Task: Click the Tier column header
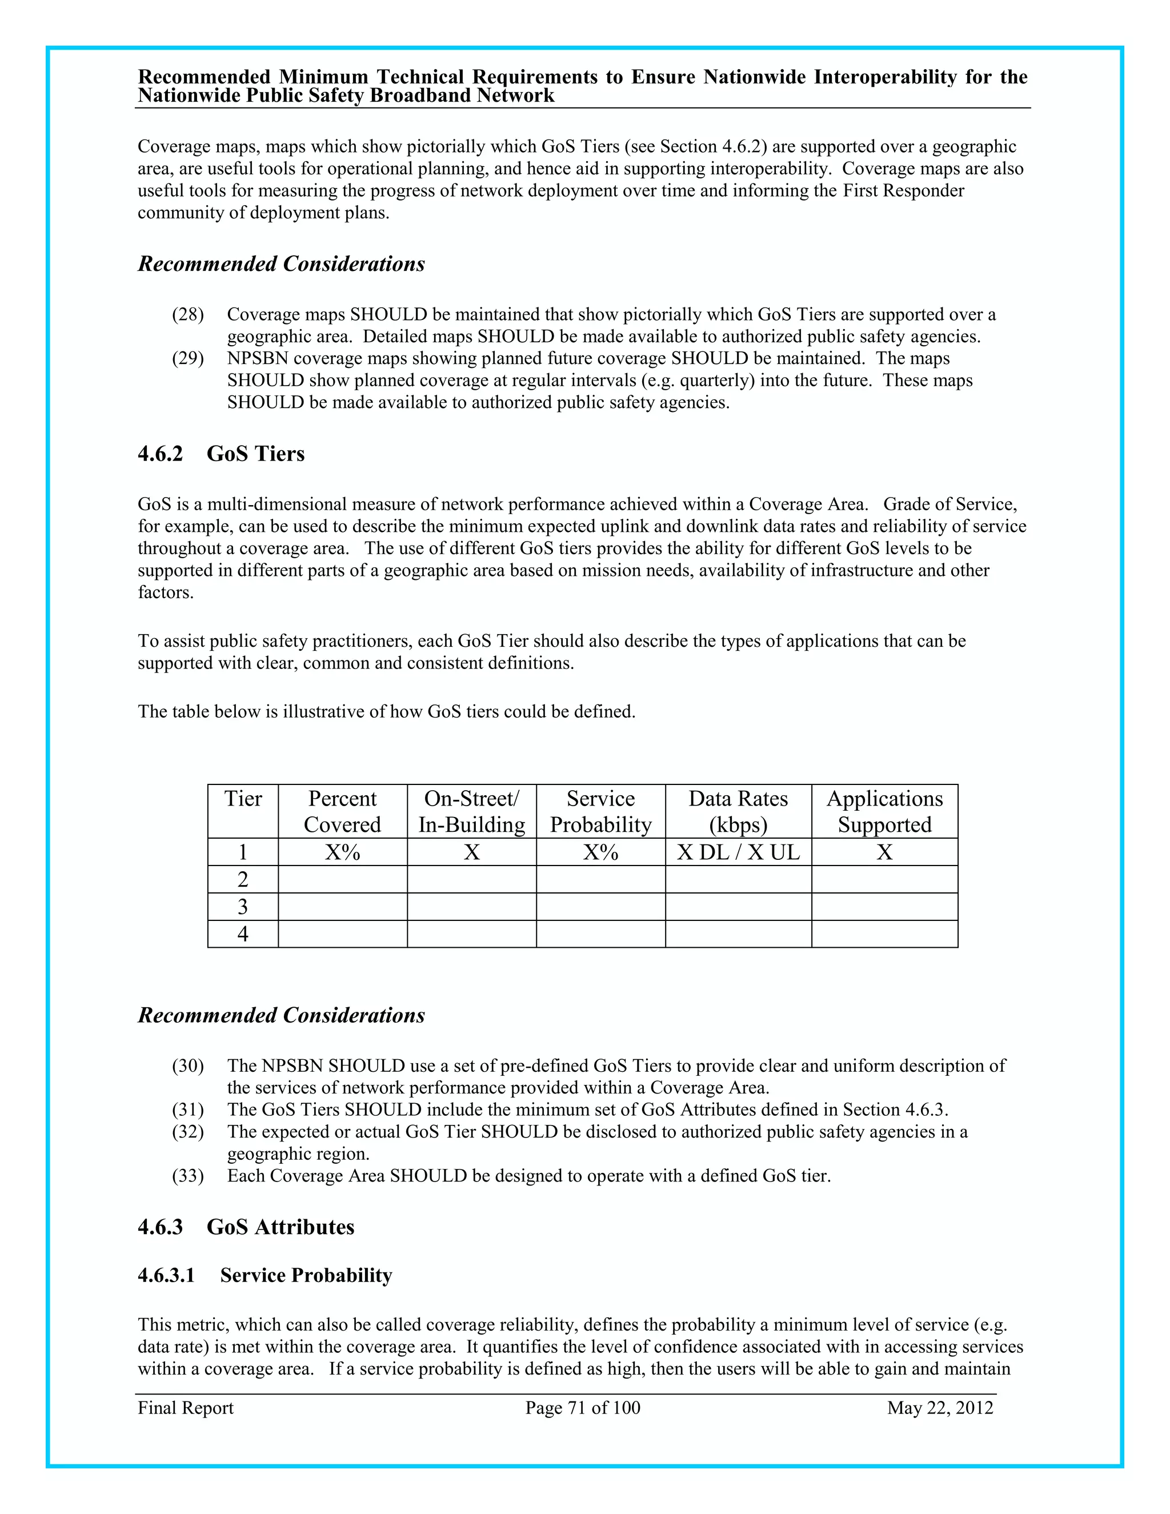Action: tap(243, 799)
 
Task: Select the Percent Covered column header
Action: tap(342, 811)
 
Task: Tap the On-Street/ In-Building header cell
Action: tap(471, 811)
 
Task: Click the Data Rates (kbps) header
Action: tap(738, 811)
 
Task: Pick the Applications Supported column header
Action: tap(884, 811)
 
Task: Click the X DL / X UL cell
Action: tap(738, 852)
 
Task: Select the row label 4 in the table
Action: tap(243, 934)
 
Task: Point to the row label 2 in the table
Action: tap(243, 879)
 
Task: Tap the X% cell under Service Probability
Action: tap(600, 852)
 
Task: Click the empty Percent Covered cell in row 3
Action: tap(342, 907)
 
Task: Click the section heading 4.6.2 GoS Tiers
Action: tap(221, 454)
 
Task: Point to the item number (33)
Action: tap(188, 1176)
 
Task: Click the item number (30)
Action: tap(188, 1066)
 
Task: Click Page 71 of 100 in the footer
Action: tap(582, 1407)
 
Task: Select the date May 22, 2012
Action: tap(940, 1407)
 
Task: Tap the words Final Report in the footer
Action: tap(186, 1407)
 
